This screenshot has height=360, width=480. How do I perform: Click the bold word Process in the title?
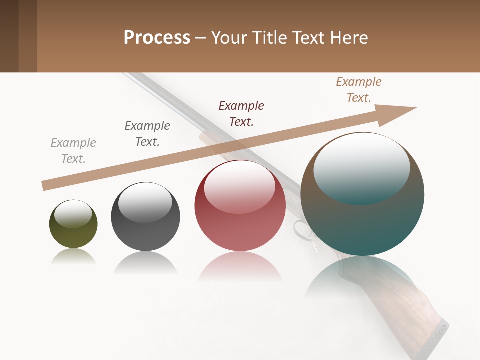coord(157,38)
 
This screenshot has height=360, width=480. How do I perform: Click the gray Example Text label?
coord(73,151)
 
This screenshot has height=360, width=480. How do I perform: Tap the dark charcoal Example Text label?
coord(147,134)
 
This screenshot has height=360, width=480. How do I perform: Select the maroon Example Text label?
coord(241,113)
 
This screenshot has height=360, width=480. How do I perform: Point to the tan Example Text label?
coord(359,90)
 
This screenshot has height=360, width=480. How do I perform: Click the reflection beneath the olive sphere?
coord(73,256)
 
